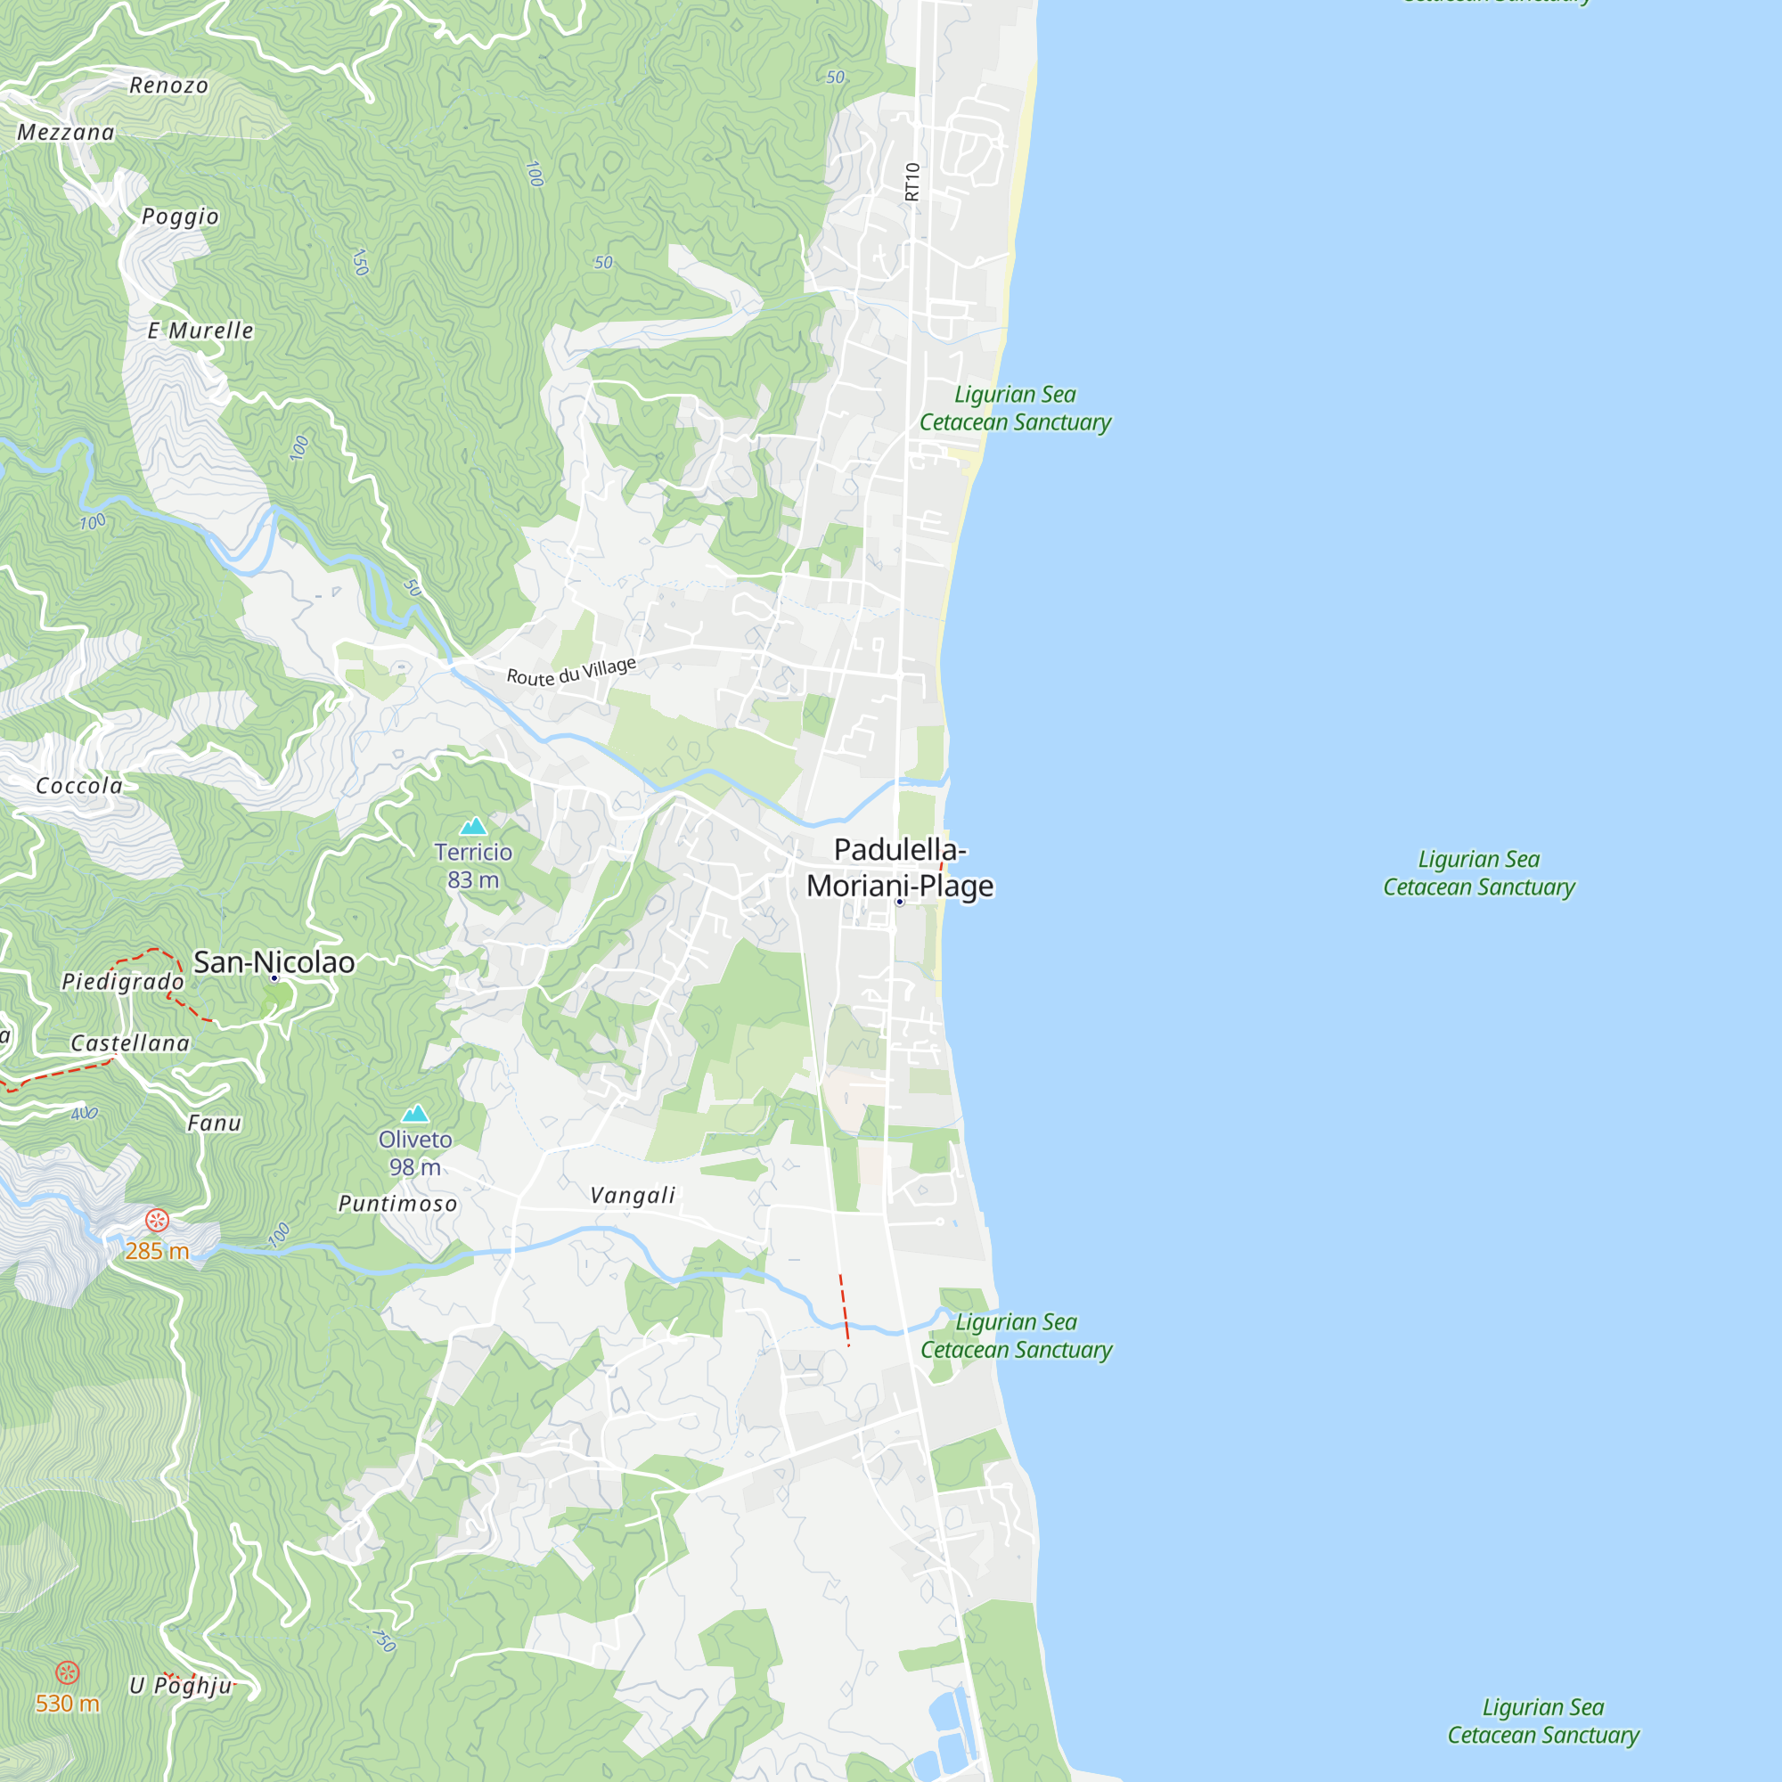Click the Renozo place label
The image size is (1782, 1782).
(168, 86)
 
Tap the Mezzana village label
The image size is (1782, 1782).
(67, 133)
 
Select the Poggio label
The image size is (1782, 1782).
(181, 217)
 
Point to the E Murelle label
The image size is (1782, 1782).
(200, 331)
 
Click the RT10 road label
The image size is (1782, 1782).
(912, 182)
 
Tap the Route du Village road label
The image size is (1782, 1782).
(572, 671)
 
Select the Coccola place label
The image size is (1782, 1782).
(79, 786)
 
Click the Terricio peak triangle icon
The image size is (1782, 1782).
(473, 826)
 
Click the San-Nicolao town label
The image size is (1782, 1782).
(274, 962)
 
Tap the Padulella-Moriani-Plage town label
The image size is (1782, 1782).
(900, 867)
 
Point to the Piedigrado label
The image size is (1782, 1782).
(124, 981)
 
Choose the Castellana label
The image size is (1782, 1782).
(130, 1043)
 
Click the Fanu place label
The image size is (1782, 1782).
(215, 1123)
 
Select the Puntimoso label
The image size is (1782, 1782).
(397, 1204)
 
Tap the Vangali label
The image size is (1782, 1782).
(633, 1196)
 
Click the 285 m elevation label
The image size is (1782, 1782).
(157, 1251)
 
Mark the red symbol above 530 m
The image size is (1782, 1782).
(68, 1672)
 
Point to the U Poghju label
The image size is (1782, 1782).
(181, 1685)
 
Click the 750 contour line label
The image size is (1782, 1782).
(384, 1640)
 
